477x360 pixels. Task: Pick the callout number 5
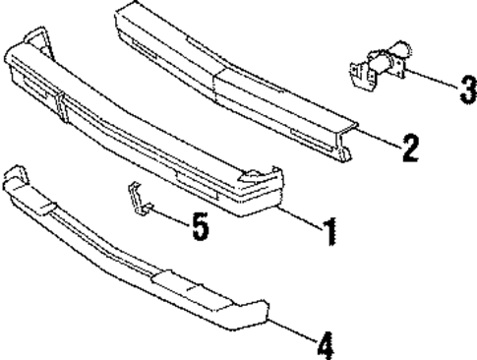click(x=200, y=227)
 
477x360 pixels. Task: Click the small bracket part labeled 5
click(x=137, y=196)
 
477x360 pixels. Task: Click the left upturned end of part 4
click(x=14, y=177)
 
